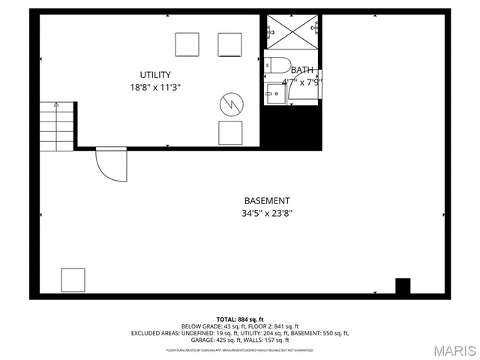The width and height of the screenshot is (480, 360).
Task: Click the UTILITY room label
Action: pyautogui.click(x=155, y=74)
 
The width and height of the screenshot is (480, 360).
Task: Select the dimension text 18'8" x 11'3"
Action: pyautogui.click(x=155, y=87)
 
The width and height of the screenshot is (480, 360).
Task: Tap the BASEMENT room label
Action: pyautogui.click(x=267, y=200)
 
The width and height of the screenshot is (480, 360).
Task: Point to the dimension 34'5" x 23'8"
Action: pyautogui.click(x=267, y=213)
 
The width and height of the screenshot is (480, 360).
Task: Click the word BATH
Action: pyautogui.click(x=302, y=70)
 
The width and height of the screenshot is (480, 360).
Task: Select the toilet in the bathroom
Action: pyautogui.click(x=279, y=67)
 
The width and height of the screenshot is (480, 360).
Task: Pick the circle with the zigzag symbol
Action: pyautogui.click(x=231, y=104)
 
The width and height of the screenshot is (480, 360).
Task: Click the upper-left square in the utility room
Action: pyautogui.click(x=187, y=44)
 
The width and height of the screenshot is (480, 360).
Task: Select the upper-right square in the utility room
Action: pyautogui.click(x=230, y=44)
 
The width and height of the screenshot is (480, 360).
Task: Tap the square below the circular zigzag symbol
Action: pyautogui.click(x=230, y=133)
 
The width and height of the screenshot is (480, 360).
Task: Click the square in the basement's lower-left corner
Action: pyautogui.click(x=73, y=280)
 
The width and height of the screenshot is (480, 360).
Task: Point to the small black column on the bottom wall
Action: pyautogui.click(x=403, y=286)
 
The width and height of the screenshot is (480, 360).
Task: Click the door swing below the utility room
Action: pyautogui.click(x=112, y=166)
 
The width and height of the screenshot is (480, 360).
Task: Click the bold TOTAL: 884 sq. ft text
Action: pyautogui.click(x=239, y=319)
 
